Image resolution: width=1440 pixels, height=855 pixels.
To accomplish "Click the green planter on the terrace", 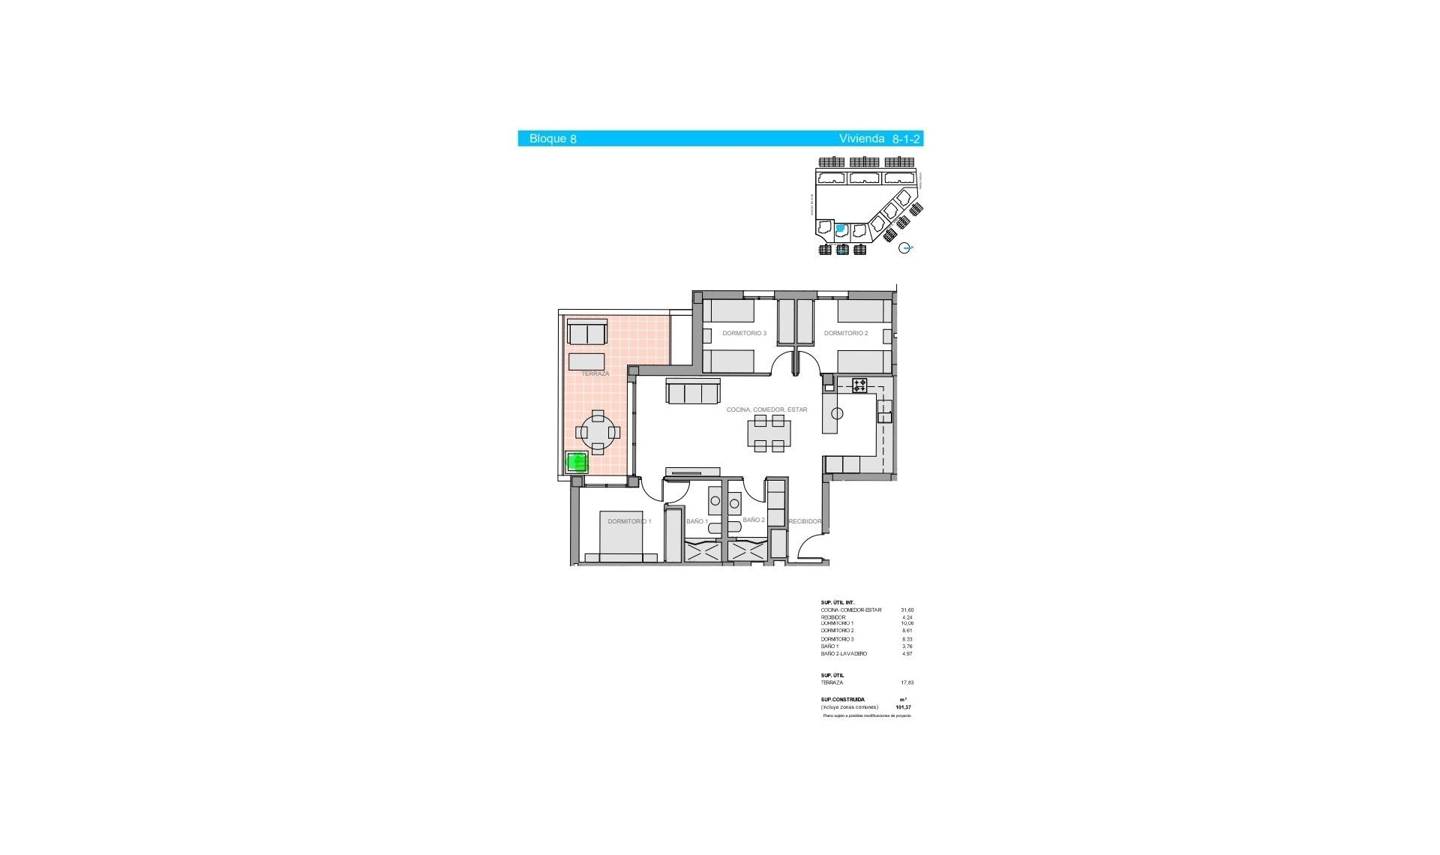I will click(576, 463).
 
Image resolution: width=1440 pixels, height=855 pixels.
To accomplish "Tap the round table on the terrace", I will click(598, 432).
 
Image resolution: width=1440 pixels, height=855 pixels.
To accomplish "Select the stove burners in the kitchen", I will click(859, 385).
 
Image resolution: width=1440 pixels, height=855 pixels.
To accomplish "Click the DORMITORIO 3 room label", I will click(744, 333).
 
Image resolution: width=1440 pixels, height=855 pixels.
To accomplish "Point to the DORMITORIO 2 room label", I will click(845, 333).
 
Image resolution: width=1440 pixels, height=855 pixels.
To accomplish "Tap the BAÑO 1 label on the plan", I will click(697, 521).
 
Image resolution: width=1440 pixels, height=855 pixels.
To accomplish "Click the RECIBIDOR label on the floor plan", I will click(805, 521).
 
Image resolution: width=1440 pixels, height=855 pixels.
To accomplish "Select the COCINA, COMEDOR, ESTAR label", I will click(766, 409).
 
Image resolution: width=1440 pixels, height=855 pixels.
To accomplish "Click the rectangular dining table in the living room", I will click(769, 433).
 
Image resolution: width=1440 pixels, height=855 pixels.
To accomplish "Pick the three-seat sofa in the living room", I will click(693, 391).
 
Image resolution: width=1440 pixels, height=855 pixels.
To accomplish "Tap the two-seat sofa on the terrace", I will click(587, 331).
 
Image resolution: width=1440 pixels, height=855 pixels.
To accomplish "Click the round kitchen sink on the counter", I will click(837, 413).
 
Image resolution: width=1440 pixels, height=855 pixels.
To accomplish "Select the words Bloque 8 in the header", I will click(553, 139).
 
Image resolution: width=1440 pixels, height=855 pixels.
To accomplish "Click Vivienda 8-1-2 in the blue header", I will click(879, 139).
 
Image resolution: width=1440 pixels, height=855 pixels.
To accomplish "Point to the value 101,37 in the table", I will click(903, 707).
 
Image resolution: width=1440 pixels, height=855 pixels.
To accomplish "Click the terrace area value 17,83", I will click(907, 682).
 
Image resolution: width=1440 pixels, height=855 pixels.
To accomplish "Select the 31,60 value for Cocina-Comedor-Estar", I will click(907, 610).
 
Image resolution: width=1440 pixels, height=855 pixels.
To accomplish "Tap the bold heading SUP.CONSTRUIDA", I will click(842, 700).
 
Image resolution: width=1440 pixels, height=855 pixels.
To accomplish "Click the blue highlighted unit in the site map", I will click(841, 229).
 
